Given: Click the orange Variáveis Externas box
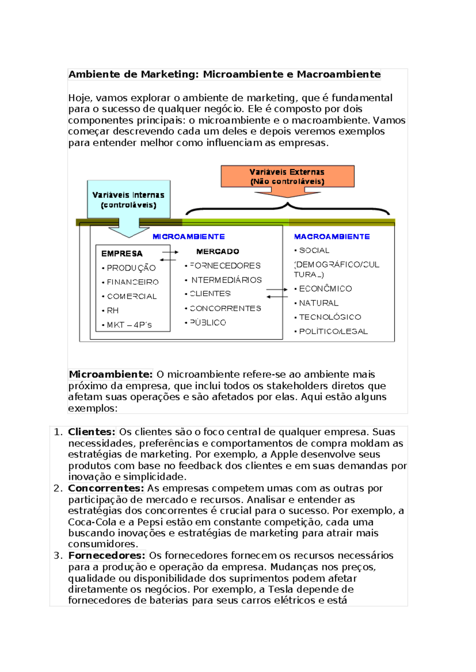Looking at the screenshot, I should [x=287, y=176].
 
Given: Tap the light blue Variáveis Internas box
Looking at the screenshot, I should [x=129, y=199].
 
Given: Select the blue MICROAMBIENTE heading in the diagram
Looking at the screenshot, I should [x=188, y=237].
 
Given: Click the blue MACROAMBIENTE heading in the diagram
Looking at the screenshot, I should [x=332, y=237].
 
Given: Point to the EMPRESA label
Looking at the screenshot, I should [x=122, y=254].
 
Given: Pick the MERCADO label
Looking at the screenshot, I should [x=217, y=252].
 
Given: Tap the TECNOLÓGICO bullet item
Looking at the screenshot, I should [x=330, y=317].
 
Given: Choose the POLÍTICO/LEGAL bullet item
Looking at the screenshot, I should [x=333, y=331].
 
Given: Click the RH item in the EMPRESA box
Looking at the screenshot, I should [x=113, y=311].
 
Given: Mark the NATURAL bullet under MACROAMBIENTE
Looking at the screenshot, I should [x=319, y=303].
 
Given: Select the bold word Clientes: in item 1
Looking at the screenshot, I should [x=92, y=432].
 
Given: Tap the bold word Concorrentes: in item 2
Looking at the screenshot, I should [x=106, y=488].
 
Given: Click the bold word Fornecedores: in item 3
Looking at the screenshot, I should [x=107, y=556].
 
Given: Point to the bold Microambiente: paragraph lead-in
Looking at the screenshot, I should [x=111, y=374].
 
